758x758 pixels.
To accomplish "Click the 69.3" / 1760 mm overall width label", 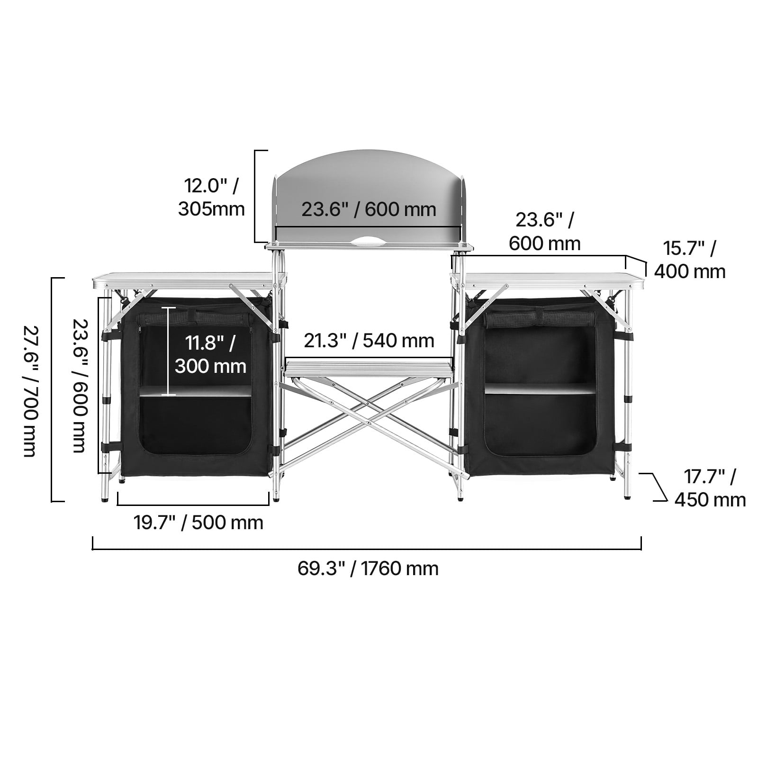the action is pyautogui.click(x=368, y=568).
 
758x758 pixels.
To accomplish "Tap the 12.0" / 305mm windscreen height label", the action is pyautogui.click(x=211, y=197).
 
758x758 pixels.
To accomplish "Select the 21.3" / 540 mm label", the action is pyautogui.click(x=369, y=341).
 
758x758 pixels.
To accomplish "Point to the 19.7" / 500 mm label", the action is pyautogui.click(x=198, y=523).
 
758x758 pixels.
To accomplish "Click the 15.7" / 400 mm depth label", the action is pyautogui.click(x=690, y=260).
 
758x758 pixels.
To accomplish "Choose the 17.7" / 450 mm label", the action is pyautogui.click(x=710, y=488).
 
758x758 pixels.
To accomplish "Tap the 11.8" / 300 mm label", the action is pyautogui.click(x=210, y=354).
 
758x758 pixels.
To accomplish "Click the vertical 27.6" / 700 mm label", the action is pyautogui.click(x=30, y=390).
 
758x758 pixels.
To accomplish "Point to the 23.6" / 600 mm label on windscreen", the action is pyautogui.click(x=369, y=209).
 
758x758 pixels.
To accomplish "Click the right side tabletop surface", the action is pyautogui.click(x=547, y=277).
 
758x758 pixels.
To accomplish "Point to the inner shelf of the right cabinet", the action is pyautogui.click(x=540, y=388).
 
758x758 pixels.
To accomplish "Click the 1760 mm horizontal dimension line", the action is pyautogui.click(x=367, y=549).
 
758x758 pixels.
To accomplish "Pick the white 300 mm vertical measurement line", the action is pyautogui.click(x=169, y=351).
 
